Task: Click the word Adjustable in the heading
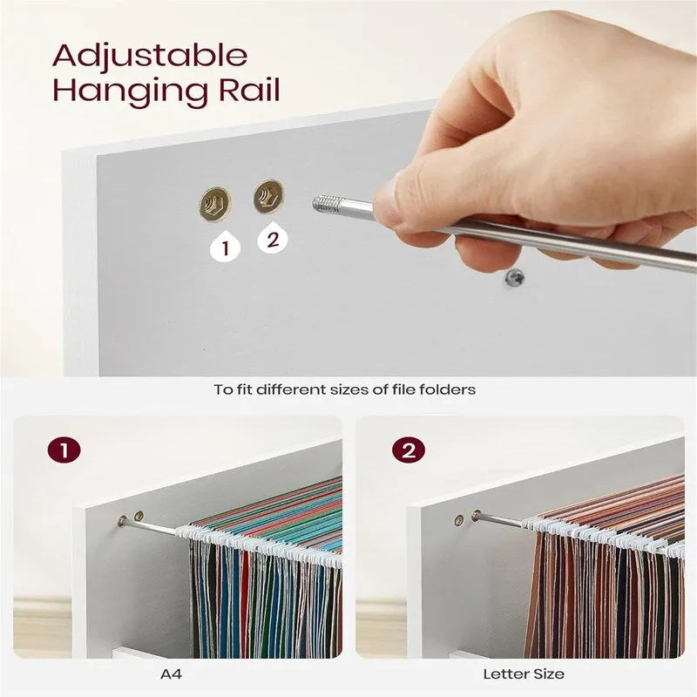point(150,55)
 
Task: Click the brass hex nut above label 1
point(214,205)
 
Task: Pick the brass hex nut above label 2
point(268,197)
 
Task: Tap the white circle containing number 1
point(226,247)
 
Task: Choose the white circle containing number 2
point(273,238)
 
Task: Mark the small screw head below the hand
point(512,278)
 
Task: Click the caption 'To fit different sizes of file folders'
point(345,389)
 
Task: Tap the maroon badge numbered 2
point(408,450)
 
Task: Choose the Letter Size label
point(524,673)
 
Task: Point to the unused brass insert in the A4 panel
point(139,518)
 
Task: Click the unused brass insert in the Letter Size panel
point(459,520)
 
